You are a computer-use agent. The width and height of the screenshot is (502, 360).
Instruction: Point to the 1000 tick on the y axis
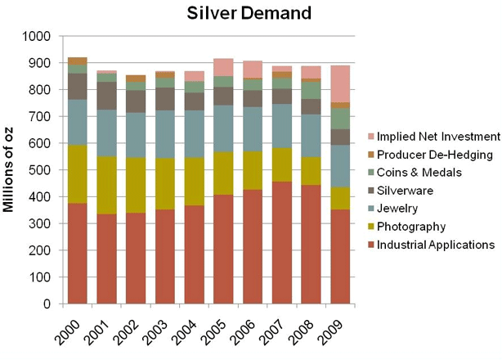[x=37, y=37]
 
